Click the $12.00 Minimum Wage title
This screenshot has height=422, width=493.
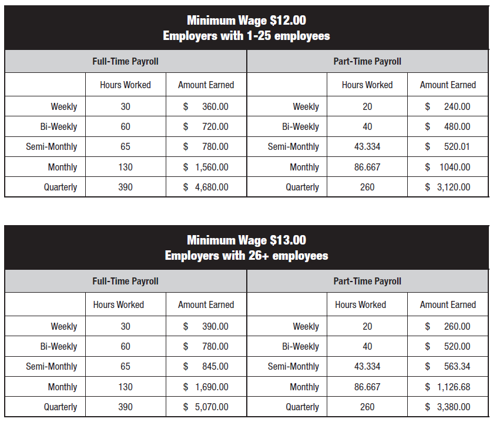pyautogui.click(x=246, y=21)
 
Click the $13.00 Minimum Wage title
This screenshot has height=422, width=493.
pyautogui.click(x=246, y=240)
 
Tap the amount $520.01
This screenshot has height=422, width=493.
pyautogui.click(x=448, y=147)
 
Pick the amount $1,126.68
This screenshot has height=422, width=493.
pyautogui.click(x=448, y=387)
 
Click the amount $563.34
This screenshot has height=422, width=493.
pyautogui.click(x=448, y=367)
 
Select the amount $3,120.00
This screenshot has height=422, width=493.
pyautogui.click(x=448, y=187)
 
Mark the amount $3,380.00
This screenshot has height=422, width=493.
pyautogui.click(x=448, y=407)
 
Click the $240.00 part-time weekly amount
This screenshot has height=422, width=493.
pyautogui.click(x=448, y=107)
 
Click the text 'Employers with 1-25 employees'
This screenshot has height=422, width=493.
pyautogui.click(x=246, y=36)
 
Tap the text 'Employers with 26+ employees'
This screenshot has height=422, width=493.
pyautogui.click(x=246, y=256)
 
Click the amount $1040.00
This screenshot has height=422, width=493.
pyautogui.click(x=448, y=168)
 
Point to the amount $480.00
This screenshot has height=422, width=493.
pyautogui.click(x=448, y=127)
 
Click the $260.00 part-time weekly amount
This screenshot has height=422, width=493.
pyautogui.click(x=448, y=327)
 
